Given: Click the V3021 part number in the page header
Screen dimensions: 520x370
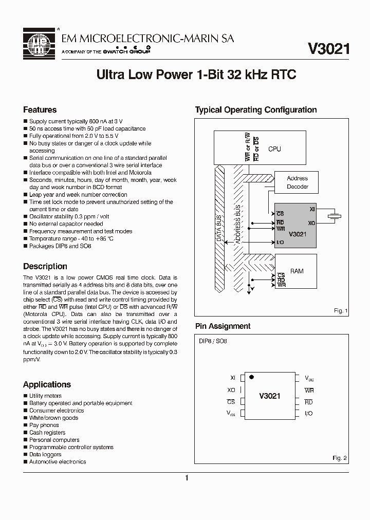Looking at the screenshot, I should coord(328,48).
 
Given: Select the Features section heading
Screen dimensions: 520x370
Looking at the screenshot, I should coord(40,110).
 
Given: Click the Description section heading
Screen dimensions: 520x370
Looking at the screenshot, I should coord(45,267).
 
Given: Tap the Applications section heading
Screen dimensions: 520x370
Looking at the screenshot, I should coord(47,385).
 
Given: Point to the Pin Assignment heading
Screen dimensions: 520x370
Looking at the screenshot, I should coord(223,326).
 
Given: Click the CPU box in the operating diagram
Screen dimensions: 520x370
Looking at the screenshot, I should coord(275,149).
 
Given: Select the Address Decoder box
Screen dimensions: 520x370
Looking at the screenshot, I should coord(298,182).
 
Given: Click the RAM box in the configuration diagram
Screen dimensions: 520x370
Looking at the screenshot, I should coord(297,271).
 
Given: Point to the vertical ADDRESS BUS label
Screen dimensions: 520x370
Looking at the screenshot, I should coord(238,225).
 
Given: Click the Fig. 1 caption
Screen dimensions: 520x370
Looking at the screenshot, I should coord(340,311).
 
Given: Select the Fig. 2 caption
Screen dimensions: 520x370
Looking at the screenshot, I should coord(340,458).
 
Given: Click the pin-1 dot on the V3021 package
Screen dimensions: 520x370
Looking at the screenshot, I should coord(251,377).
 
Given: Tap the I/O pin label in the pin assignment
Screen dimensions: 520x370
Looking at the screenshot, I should coord(308,414).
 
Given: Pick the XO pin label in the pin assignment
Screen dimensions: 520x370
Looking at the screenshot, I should coord(231,391).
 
